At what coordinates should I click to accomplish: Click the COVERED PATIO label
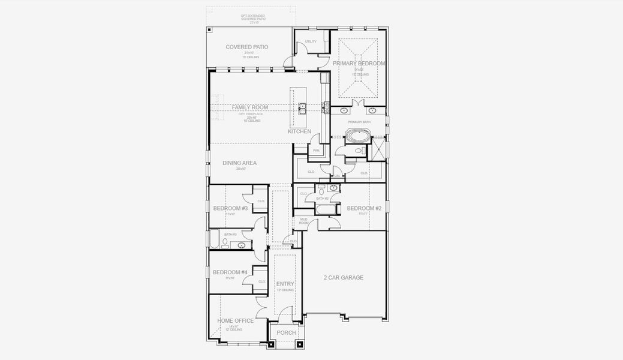click(x=246, y=47)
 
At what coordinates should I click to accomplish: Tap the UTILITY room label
click(x=311, y=41)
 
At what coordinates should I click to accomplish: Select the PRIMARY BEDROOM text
click(x=360, y=63)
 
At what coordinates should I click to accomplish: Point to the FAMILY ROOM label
click(x=250, y=107)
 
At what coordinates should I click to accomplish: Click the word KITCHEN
click(x=299, y=131)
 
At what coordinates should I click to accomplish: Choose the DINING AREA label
click(x=239, y=163)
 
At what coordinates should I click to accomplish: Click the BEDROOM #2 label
click(x=364, y=208)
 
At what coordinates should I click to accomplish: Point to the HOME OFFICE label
click(x=235, y=320)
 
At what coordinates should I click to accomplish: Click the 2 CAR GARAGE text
click(x=344, y=277)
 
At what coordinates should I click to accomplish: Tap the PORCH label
click(x=286, y=332)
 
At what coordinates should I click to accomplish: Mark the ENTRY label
click(x=284, y=284)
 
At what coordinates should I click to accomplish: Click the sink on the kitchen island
click(x=303, y=108)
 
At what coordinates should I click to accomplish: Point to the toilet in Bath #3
click(x=225, y=243)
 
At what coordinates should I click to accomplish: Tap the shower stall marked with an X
click(x=378, y=148)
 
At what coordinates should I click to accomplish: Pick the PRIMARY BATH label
click(x=360, y=122)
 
